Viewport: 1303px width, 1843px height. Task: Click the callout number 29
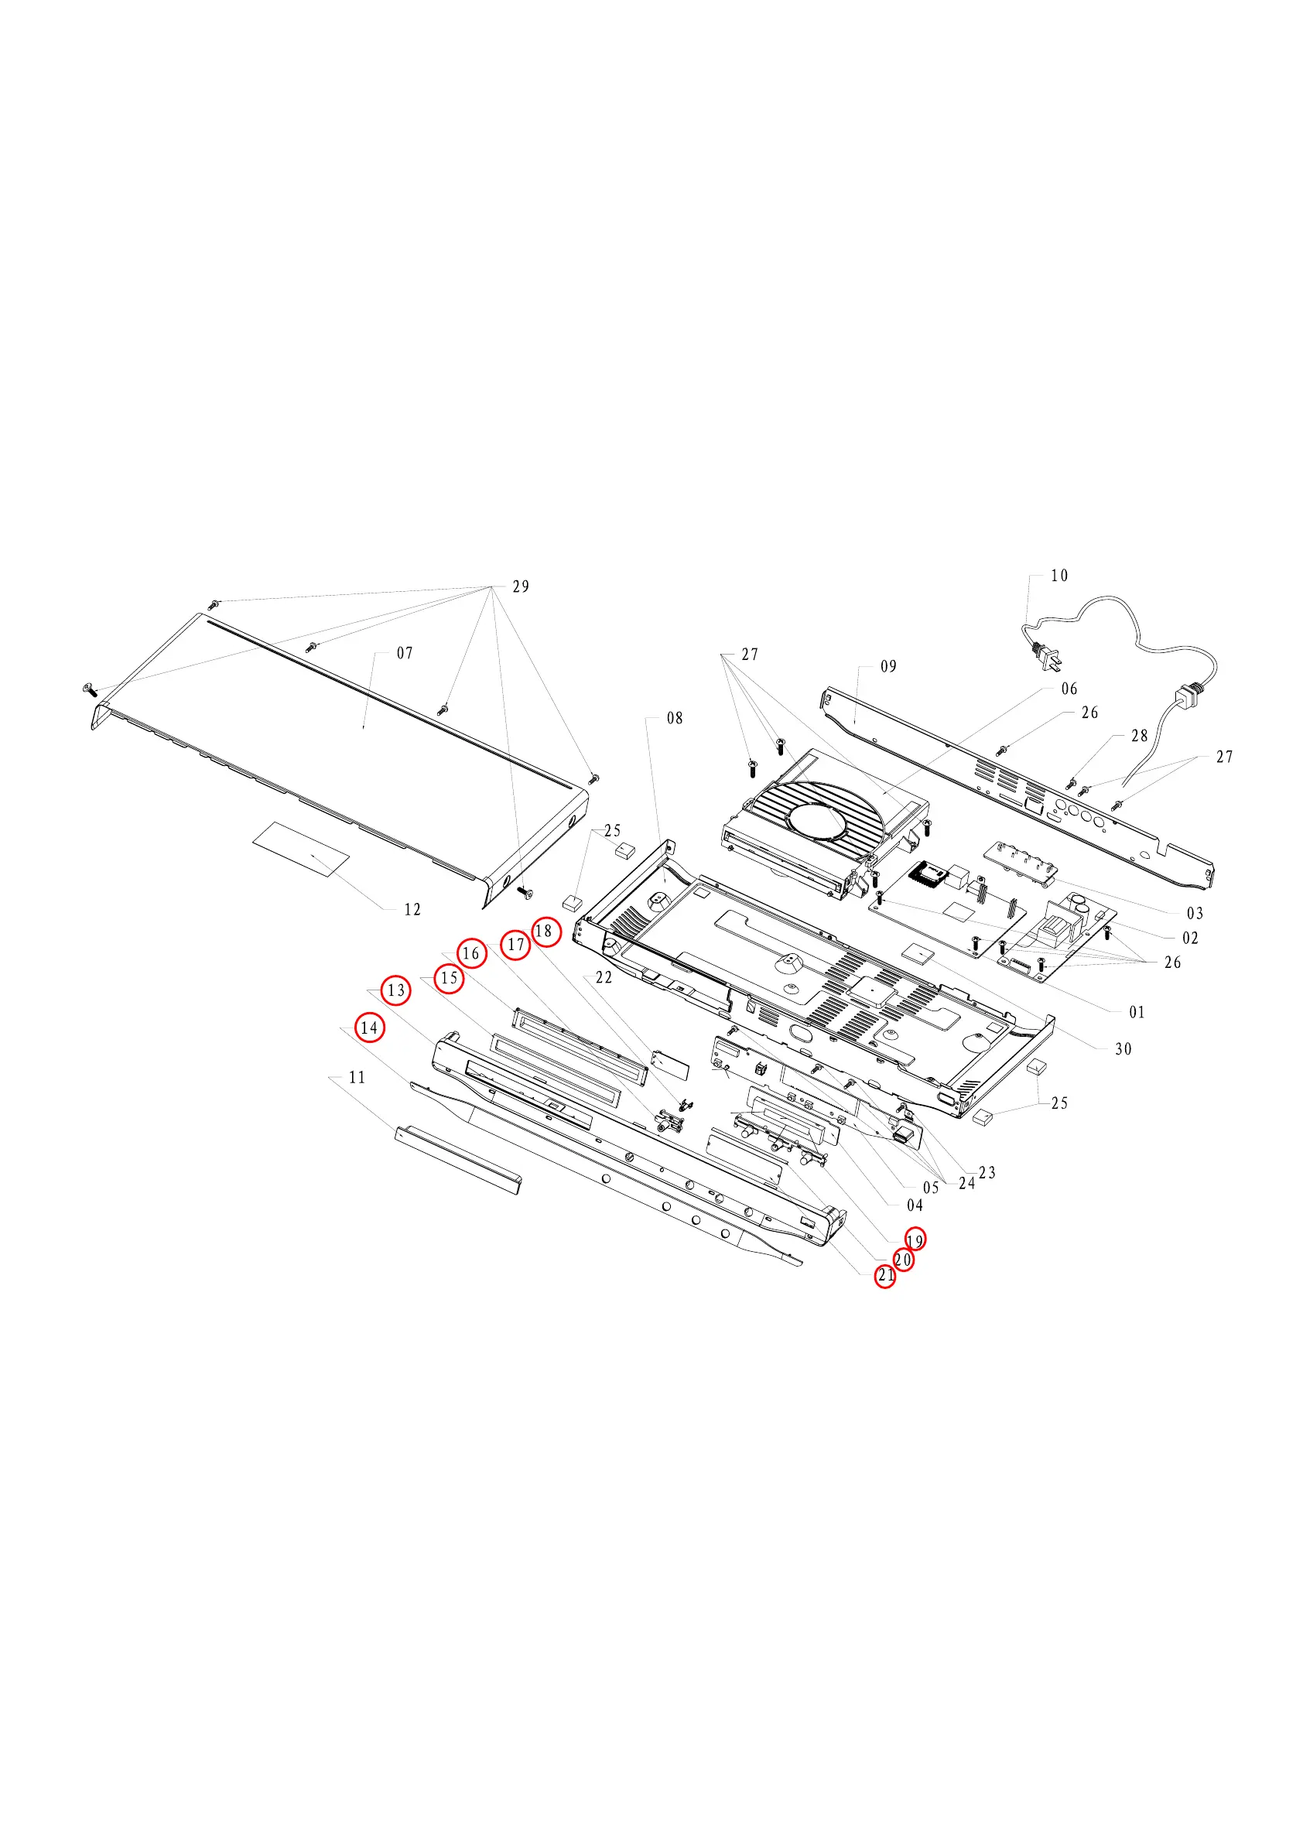tap(521, 586)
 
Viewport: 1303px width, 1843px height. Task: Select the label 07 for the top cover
tap(405, 653)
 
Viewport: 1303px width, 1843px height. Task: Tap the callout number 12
tap(412, 909)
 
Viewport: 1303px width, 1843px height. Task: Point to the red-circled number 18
tap(544, 931)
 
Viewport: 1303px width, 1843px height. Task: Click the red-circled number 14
tap(369, 1027)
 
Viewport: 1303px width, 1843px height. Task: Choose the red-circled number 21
tap(884, 1274)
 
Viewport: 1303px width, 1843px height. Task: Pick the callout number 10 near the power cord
tap(1059, 576)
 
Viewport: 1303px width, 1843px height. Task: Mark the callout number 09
tap(888, 666)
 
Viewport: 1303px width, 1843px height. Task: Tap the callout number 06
tap(1069, 689)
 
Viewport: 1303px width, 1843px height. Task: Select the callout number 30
tap(1123, 1049)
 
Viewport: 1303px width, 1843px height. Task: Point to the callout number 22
tap(604, 978)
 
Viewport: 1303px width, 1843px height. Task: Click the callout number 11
tap(357, 1077)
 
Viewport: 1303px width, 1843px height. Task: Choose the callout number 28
tap(1139, 735)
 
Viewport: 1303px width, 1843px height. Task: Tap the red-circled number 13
tap(396, 990)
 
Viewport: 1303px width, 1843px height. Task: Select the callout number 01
tap(1137, 1012)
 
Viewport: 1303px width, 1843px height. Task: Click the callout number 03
tap(1195, 914)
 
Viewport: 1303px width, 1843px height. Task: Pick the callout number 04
tap(915, 1205)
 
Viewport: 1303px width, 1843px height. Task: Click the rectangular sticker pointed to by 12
tap(302, 849)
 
